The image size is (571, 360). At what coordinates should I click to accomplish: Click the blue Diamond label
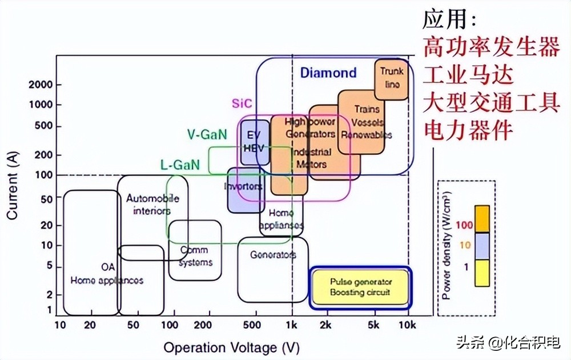[328, 73]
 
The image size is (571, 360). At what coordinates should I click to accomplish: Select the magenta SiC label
[242, 103]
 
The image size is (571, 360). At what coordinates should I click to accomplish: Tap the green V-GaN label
[207, 134]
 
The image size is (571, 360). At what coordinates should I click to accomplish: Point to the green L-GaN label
[180, 165]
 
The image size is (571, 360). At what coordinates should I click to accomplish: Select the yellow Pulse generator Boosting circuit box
[360, 287]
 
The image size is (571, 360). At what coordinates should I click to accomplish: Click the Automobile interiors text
[152, 205]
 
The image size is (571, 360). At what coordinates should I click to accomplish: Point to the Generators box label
[273, 255]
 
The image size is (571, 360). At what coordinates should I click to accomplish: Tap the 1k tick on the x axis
[292, 326]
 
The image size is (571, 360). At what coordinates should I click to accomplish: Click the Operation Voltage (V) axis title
[231, 347]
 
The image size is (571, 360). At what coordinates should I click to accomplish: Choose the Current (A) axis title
[13, 186]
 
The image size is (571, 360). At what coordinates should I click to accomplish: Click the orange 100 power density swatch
[482, 219]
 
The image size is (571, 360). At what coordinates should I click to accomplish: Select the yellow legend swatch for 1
[482, 273]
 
